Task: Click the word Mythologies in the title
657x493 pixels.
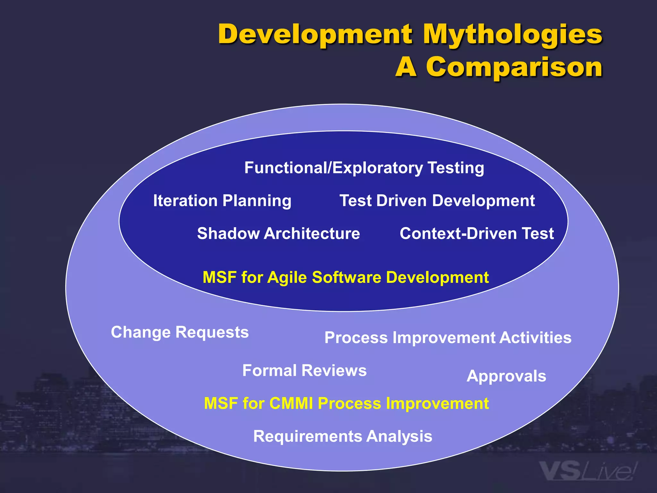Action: click(512, 35)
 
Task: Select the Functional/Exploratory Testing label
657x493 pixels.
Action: click(364, 168)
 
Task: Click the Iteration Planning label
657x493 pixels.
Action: click(222, 201)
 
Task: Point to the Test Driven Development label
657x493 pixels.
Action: click(437, 201)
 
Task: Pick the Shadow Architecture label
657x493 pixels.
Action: click(278, 233)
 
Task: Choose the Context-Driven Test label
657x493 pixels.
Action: click(476, 233)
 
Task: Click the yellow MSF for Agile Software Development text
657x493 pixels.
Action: click(346, 277)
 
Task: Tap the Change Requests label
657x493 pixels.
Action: click(180, 332)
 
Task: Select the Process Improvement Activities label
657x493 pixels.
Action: click(448, 338)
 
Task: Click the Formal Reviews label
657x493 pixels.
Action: click(304, 370)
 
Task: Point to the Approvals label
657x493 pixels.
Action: click(506, 376)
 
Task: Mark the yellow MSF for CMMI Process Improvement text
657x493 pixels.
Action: click(346, 403)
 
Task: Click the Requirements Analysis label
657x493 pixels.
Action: click(343, 437)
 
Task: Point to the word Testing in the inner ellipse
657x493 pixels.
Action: click(456, 168)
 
